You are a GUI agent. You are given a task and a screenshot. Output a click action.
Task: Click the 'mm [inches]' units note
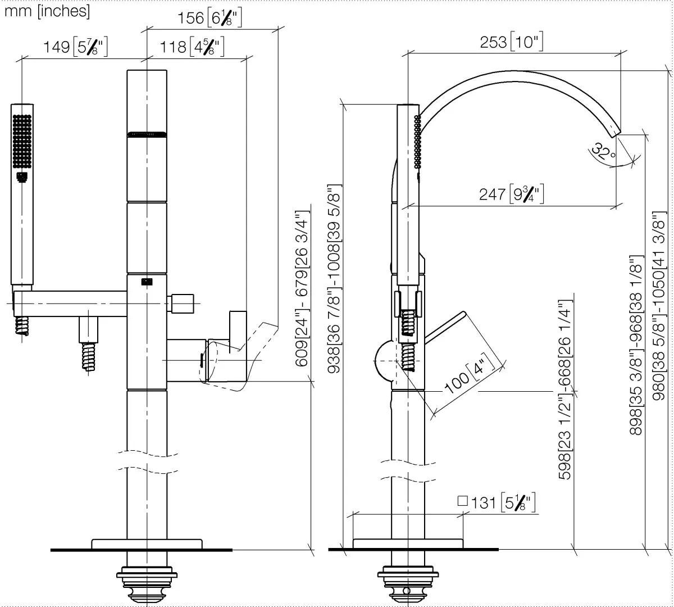coord(47,11)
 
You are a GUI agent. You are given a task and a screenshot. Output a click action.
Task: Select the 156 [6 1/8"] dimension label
coord(210,18)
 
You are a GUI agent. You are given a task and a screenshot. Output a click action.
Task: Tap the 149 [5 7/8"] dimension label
coord(76,47)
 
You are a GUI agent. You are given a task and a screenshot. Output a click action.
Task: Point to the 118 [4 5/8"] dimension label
coord(192,47)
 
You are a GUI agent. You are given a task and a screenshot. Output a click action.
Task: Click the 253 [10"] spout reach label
coord(511,42)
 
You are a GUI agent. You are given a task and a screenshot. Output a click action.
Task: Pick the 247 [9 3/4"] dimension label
coord(511,194)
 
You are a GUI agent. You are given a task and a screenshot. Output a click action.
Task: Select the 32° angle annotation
coord(603,152)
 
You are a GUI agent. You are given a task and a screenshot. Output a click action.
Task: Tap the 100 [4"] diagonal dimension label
coord(470,374)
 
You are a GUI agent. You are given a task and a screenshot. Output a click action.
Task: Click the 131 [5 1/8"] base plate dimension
coord(503,503)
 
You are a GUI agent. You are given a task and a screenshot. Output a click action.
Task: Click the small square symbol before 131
coord(463,501)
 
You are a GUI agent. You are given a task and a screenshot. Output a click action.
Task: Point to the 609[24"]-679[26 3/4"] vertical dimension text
coord(302,288)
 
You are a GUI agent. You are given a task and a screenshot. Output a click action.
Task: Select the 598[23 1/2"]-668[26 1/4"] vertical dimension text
coord(565,390)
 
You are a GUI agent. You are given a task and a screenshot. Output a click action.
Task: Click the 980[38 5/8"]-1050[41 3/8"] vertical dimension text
coord(659,306)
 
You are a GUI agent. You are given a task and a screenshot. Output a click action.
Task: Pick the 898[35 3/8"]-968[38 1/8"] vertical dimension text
coord(636,345)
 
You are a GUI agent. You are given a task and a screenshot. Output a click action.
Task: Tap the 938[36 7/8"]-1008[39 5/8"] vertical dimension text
coord(334,279)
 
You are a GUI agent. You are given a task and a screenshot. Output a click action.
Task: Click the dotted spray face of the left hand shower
coord(22,141)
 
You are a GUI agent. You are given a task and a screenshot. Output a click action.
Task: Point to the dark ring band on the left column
coord(147,134)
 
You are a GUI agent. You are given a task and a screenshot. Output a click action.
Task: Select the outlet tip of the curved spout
coord(615,134)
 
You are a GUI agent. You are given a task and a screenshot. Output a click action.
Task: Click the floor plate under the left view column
coord(147,544)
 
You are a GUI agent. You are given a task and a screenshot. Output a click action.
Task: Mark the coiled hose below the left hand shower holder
coord(22,325)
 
